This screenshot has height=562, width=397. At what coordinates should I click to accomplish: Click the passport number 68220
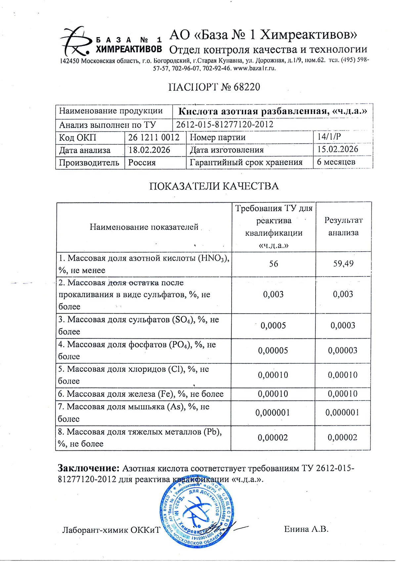[x=247, y=87]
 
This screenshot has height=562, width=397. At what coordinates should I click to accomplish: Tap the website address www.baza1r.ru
[x=254, y=69]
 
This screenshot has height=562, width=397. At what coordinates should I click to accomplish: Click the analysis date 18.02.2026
[x=149, y=150]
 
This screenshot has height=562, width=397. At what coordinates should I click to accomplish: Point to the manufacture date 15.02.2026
[x=337, y=149]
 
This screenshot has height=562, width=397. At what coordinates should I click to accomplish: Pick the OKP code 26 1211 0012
[x=154, y=137]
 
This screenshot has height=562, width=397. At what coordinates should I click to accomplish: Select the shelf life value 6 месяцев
[x=336, y=162]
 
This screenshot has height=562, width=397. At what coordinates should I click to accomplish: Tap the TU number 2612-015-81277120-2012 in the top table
[x=225, y=125]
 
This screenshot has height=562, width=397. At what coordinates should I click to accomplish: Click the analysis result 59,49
[x=343, y=264]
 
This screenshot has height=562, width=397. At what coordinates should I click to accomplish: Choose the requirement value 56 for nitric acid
[x=274, y=264]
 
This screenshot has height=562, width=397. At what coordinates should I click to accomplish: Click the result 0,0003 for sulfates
[x=343, y=326]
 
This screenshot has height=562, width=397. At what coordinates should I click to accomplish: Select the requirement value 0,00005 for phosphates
[x=273, y=350]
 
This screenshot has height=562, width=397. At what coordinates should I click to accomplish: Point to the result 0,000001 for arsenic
[x=342, y=413]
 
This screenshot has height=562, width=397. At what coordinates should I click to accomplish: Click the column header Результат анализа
[x=343, y=227]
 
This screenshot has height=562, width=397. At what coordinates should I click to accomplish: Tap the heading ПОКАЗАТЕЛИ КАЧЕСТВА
[x=214, y=186]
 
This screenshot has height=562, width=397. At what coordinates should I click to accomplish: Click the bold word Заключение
[x=88, y=468]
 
